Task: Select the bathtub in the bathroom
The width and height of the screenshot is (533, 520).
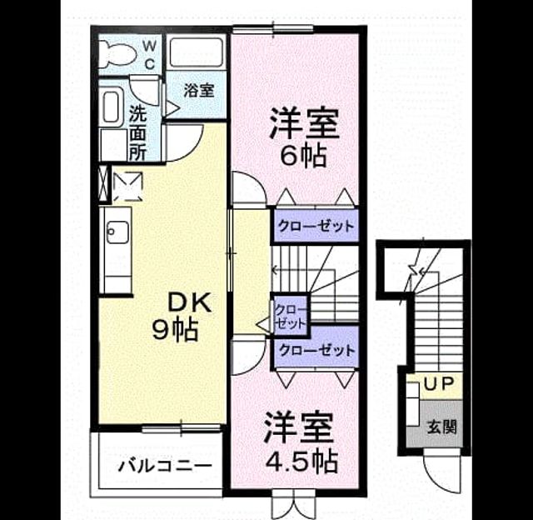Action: [197, 52]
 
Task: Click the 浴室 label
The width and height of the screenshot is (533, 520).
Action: [199, 91]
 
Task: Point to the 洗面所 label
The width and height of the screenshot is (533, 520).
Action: [137, 132]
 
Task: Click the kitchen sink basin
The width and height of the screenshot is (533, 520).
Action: [117, 232]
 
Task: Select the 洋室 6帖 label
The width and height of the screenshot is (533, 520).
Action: [304, 137]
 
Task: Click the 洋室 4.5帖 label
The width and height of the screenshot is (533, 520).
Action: [301, 442]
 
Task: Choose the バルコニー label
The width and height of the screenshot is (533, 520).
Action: [165, 465]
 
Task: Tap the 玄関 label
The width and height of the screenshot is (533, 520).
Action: [441, 427]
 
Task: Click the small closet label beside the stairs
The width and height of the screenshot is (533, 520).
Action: [291, 317]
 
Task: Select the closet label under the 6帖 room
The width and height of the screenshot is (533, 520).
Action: [316, 226]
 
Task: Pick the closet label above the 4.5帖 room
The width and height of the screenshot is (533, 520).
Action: [316, 350]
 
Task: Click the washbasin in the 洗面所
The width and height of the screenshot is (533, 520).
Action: [111, 107]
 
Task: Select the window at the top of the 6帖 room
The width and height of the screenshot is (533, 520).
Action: [273, 29]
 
